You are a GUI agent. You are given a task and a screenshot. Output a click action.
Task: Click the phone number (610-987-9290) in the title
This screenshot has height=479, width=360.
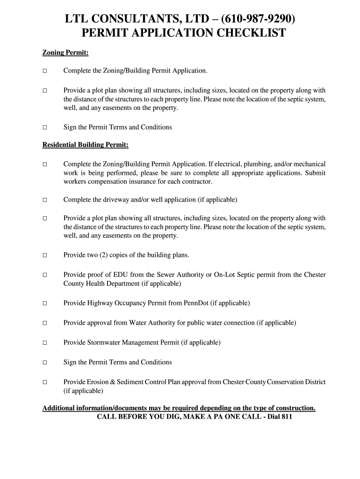click(x=257, y=19)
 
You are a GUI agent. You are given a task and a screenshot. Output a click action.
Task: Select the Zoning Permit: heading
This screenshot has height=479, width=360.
click(x=65, y=53)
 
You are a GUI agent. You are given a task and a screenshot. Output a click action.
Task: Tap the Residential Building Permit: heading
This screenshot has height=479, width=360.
click(x=86, y=145)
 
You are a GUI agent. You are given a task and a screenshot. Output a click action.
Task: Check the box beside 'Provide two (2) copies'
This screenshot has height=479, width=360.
click(x=45, y=255)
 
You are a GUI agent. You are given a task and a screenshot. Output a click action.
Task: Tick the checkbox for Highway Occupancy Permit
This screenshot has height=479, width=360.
click(x=45, y=304)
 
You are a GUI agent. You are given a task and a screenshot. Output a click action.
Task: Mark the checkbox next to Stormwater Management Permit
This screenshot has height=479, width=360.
click(x=45, y=343)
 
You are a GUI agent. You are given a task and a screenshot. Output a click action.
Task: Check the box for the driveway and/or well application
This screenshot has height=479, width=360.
click(x=45, y=200)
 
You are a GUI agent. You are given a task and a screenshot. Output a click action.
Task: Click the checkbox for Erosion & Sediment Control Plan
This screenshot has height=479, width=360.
click(x=45, y=383)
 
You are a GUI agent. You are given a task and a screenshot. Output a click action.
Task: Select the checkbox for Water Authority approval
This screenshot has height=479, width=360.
click(x=45, y=323)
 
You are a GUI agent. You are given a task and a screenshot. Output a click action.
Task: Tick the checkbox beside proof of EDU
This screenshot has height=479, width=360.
click(x=45, y=275)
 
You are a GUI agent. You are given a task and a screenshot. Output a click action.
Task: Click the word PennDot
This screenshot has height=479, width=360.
click(x=196, y=303)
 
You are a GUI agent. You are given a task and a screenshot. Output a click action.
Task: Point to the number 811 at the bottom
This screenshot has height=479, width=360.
click(x=286, y=417)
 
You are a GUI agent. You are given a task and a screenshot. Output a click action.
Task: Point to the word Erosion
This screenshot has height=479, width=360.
click(x=97, y=382)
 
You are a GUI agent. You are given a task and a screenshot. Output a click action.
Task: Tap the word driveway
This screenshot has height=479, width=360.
click(x=106, y=200)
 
